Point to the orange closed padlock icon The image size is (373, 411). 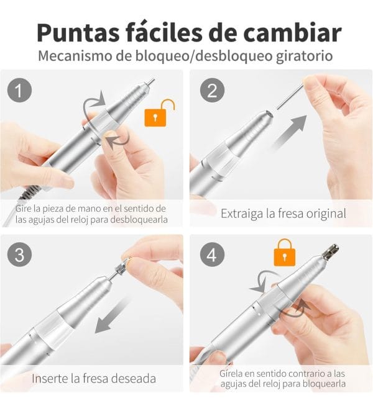pyautogui.click(x=284, y=251)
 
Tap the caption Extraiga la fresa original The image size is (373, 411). pyautogui.click(x=283, y=213)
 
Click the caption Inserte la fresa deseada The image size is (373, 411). pyautogui.click(x=93, y=377)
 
